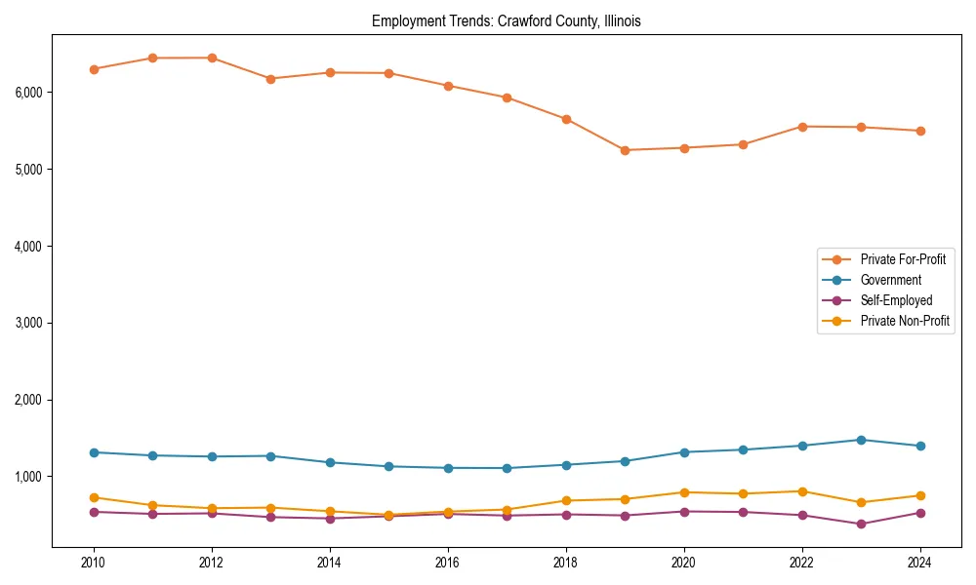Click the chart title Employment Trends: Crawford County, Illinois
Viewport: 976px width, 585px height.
(x=506, y=21)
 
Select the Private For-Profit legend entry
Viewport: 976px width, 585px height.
(x=903, y=259)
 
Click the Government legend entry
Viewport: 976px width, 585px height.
(x=890, y=280)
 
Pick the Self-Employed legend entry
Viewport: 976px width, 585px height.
(x=896, y=300)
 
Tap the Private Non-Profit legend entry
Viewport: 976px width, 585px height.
(x=905, y=321)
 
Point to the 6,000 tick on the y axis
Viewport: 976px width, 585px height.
(x=28, y=93)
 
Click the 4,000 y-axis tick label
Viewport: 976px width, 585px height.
(x=28, y=247)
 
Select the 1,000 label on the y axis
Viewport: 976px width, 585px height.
(x=28, y=477)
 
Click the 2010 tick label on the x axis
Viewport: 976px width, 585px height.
(x=94, y=563)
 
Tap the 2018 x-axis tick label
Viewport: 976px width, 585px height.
(x=565, y=563)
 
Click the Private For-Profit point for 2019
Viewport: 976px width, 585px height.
(x=625, y=150)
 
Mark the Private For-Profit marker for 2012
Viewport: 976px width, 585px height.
(x=212, y=58)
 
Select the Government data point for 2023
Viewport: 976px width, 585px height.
(x=861, y=440)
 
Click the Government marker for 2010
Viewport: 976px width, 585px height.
(x=94, y=452)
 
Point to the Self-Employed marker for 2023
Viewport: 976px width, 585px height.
(x=861, y=524)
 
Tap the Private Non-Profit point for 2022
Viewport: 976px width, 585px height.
(x=802, y=491)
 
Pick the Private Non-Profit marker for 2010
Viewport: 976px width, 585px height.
(x=94, y=497)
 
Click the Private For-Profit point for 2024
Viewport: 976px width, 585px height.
(x=919, y=131)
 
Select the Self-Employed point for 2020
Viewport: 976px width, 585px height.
(x=683, y=512)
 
